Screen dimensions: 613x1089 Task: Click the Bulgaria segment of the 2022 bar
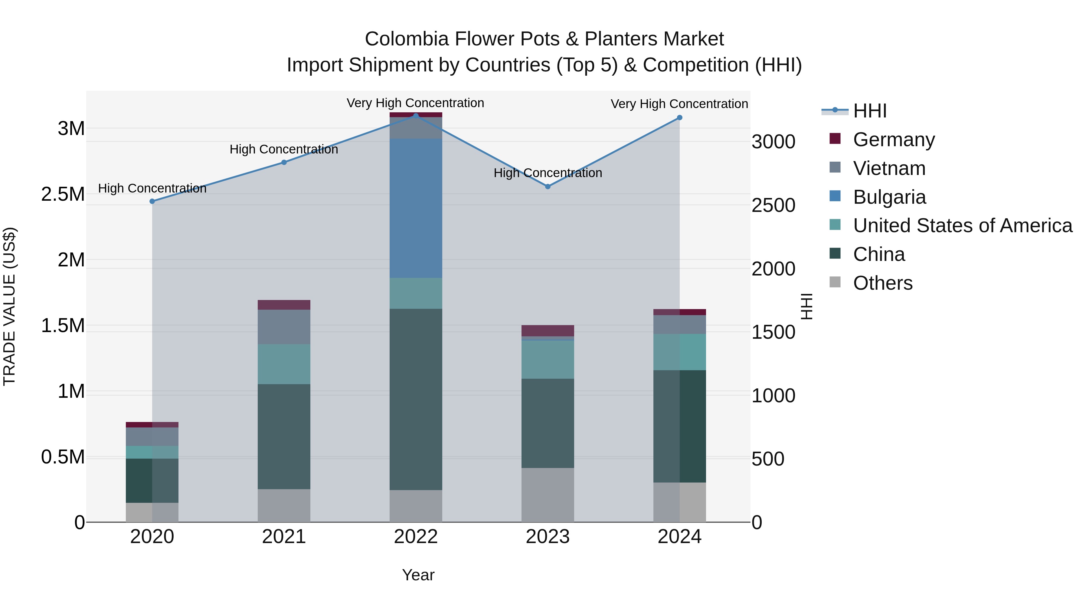(x=416, y=208)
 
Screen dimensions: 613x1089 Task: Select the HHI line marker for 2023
(x=548, y=186)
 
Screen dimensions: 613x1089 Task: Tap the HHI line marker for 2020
(x=152, y=201)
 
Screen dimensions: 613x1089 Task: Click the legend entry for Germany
(x=894, y=140)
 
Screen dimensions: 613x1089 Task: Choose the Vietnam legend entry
(x=889, y=168)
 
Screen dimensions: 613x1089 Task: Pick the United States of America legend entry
(x=962, y=226)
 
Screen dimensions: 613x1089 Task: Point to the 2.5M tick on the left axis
(x=63, y=194)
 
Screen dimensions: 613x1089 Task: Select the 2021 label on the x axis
(x=284, y=537)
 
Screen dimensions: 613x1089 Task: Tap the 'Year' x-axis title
(x=418, y=575)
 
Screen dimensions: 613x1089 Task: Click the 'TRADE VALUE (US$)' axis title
(x=9, y=306)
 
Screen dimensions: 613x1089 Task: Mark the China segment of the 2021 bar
(x=284, y=437)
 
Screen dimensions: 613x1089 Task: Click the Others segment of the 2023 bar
(x=548, y=495)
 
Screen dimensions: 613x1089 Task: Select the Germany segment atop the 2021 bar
(x=284, y=305)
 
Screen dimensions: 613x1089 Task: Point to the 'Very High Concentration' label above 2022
(x=415, y=103)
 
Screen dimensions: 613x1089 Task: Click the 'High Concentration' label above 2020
(x=152, y=189)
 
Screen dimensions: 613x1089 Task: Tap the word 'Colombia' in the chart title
(x=406, y=39)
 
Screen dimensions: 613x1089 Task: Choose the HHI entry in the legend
(x=870, y=111)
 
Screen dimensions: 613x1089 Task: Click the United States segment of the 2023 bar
(x=548, y=360)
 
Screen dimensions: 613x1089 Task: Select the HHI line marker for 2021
(x=284, y=163)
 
